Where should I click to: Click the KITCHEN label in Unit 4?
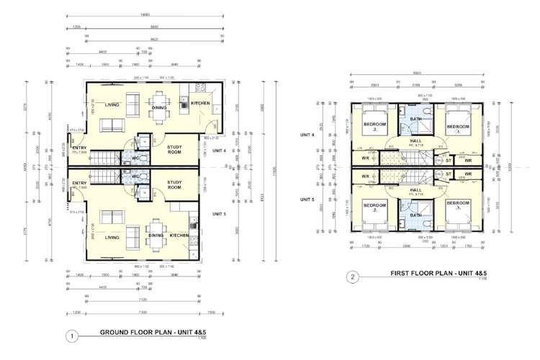pos(201,104)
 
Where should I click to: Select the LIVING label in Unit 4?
pos(111,104)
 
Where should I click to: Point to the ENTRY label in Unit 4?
pos(78,149)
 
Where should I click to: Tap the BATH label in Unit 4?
pos(415,119)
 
